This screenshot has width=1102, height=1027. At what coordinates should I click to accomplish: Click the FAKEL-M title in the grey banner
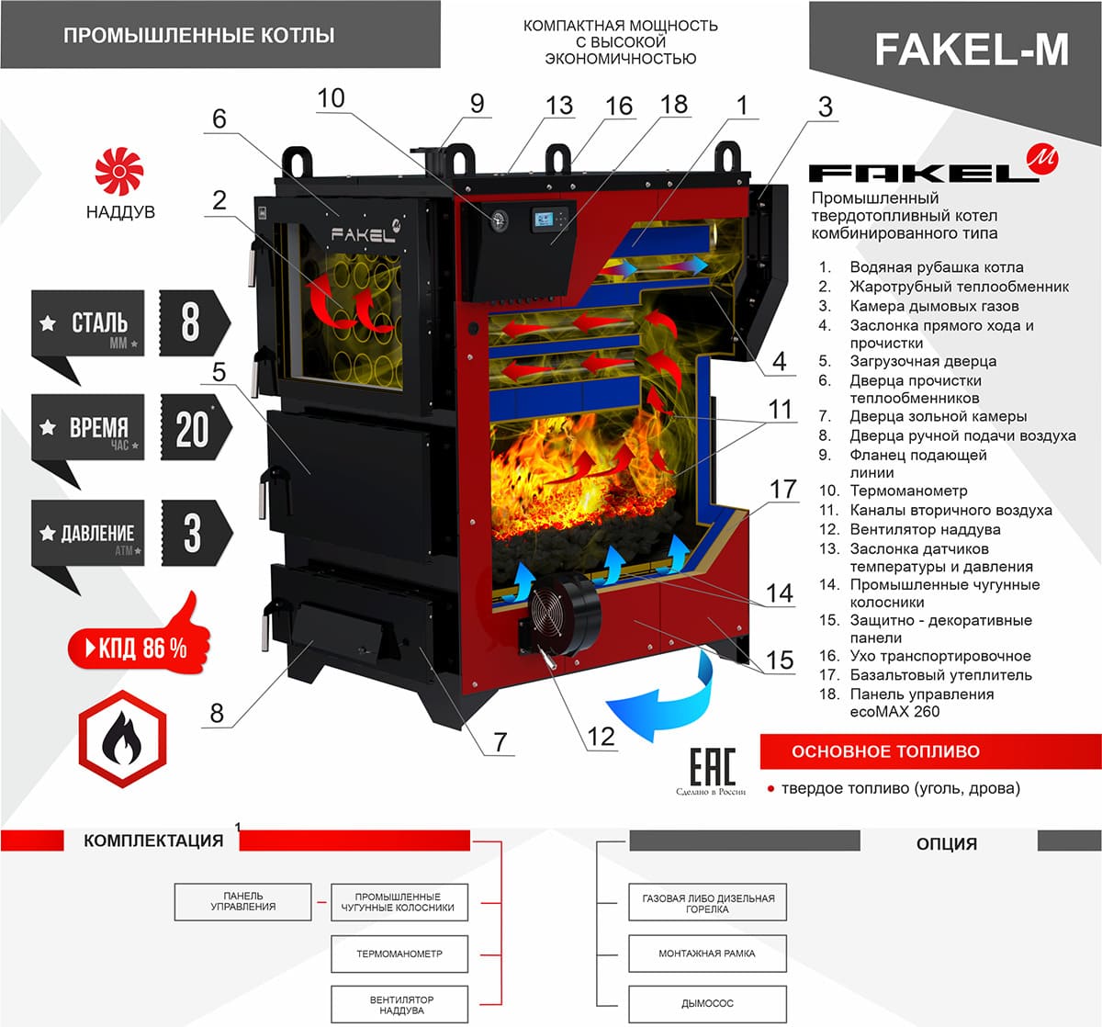pyautogui.click(x=971, y=50)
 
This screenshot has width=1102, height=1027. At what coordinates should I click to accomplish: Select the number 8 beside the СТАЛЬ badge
pyautogui.click(x=191, y=322)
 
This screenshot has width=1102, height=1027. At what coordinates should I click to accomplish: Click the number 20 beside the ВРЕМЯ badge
pyautogui.click(x=193, y=428)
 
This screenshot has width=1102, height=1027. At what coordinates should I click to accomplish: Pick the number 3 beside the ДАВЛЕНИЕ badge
pyautogui.click(x=192, y=533)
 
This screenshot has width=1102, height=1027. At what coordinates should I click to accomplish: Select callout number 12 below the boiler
pyautogui.click(x=601, y=736)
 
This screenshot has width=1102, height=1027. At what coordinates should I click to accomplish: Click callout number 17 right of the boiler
pyautogui.click(x=782, y=489)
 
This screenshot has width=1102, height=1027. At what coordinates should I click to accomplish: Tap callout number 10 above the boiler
pyautogui.click(x=331, y=97)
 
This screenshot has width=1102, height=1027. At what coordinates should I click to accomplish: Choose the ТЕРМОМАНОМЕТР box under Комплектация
pyautogui.click(x=399, y=954)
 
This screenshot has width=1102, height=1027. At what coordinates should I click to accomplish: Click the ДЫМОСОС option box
pyautogui.click(x=707, y=1004)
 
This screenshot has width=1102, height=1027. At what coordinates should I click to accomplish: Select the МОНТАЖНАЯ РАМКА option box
pyautogui.click(x=707, y=954)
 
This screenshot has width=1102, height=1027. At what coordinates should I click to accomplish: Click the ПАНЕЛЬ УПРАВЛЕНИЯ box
pyautogui.click(x=242, y=902)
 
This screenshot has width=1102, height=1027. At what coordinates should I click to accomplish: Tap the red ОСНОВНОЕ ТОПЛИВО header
pyautogui.click(x=929, y=751)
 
